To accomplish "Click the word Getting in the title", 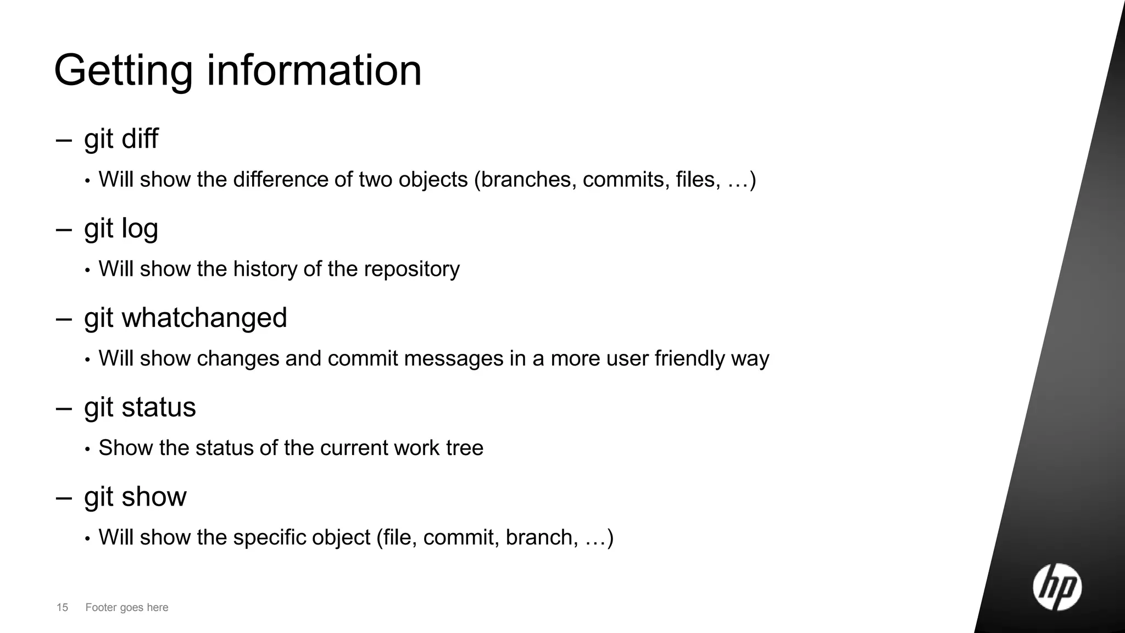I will [x=123, y=71].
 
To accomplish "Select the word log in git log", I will [x=140, y=229].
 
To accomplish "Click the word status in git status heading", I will [x=158, y=407].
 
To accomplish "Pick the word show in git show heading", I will [x=154, y=497].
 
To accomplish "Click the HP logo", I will [x=1057, y=587].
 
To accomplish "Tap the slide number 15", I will [x=62, y=607].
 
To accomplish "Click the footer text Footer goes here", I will [x=127, y=607].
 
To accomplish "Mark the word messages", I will [x=454, y=358].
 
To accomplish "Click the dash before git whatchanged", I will [x=64, y=319].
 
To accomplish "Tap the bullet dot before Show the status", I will [x=87, y=449].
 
